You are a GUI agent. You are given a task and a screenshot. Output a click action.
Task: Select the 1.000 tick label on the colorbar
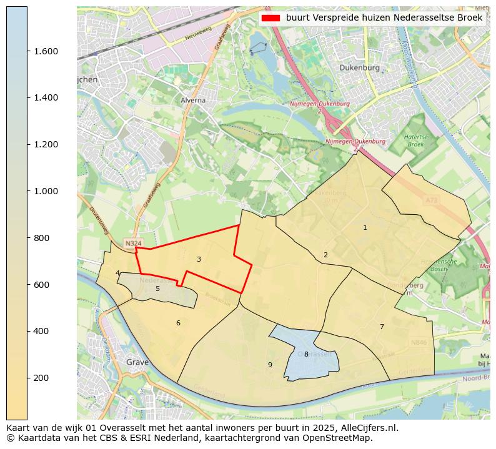tap(46, 191)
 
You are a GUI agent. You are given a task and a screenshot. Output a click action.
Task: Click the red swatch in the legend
tap(270, 18)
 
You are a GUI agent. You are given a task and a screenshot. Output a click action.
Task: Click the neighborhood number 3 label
tap(199, 259)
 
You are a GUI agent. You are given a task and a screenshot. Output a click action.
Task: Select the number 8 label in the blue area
tap(306, 354)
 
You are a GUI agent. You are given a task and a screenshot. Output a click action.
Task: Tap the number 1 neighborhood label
tap(365, 227)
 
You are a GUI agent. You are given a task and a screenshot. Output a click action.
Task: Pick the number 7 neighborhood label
tap(382, 327)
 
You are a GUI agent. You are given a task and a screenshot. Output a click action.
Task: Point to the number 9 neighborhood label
tap(270, 365)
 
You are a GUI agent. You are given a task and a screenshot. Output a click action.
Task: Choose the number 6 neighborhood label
tap(178, 323)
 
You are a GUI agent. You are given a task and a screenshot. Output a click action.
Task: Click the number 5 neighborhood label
tap(157, 289)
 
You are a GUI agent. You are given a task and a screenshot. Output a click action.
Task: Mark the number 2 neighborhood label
tap(325, 255)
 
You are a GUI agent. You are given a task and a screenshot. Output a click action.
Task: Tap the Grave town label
tap(137, 362)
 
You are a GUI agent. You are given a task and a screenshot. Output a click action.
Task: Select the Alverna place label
tap(193, 100)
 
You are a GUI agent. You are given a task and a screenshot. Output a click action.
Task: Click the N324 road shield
tap(132, 244)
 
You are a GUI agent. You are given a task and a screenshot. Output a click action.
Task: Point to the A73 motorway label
tap(431, 200)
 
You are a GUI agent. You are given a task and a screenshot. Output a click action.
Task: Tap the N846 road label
tap(419, 342)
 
